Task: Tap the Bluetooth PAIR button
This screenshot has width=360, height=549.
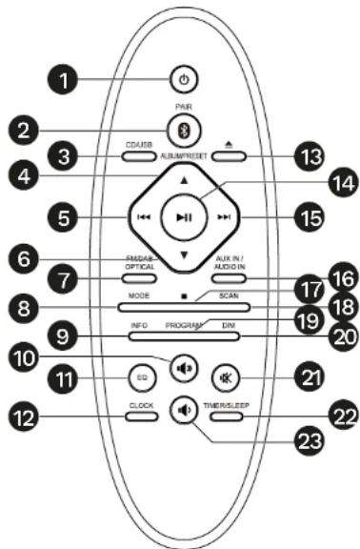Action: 182,129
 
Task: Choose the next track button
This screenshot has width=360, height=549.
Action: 224,218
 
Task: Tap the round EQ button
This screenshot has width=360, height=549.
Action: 139,376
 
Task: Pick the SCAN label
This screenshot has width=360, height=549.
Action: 228,296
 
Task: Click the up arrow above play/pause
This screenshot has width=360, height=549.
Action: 184,180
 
